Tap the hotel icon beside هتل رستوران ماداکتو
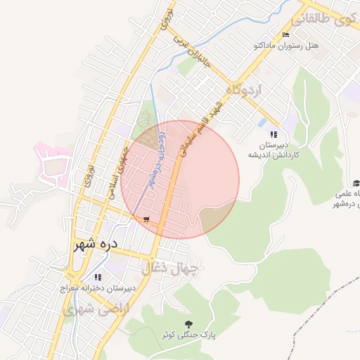point(285,35)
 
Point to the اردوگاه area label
point(243,90)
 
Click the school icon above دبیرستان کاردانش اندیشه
point(273,134)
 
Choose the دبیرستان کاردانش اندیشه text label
point(273,149)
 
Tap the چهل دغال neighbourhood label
point(171,268)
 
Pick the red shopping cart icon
point(146,219)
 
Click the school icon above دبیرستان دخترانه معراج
point(97,277)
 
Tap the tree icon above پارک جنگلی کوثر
point(188,323)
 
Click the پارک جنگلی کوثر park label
point(187,335)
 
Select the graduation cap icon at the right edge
point(356,183)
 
